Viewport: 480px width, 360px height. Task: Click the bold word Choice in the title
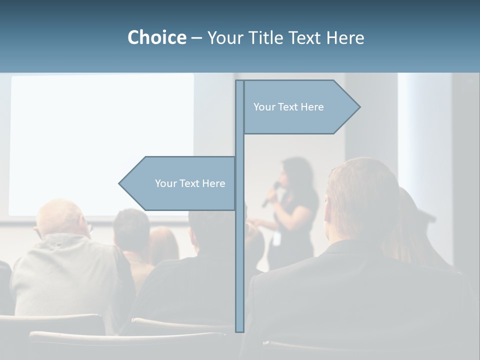click(156, 37)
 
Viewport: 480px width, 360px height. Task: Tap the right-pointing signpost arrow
click(300, 107)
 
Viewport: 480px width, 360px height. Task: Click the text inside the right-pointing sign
click(288, 107)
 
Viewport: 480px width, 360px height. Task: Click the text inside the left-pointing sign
click(190, 183)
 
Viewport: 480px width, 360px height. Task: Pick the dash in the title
click(196, 38)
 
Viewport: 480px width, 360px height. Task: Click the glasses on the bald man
click(37, 231)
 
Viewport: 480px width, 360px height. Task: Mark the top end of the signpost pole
click(239, 81)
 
